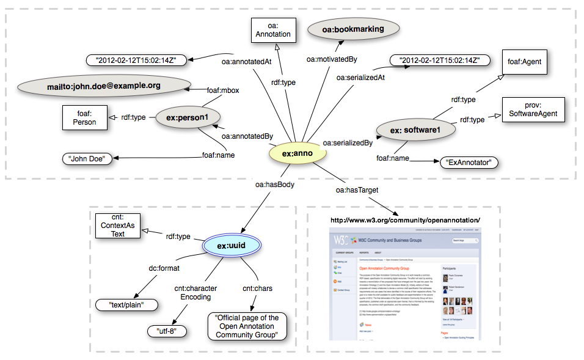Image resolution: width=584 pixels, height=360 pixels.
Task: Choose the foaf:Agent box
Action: pos(525,62)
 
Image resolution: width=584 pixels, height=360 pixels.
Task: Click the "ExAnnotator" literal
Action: pos(469,163)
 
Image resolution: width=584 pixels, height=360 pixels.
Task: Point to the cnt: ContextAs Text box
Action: pos(117,225)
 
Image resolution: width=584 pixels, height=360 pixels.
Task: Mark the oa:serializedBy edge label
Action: pos(348,142)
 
